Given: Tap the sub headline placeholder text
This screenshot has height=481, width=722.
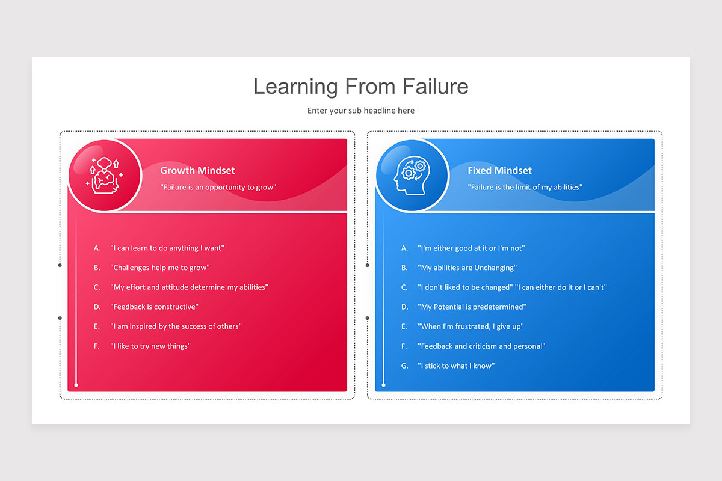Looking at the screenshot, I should pyautogui.click(x=361, y=111).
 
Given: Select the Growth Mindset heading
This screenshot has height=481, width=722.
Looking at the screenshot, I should pyautogui.click(x=197, y=171).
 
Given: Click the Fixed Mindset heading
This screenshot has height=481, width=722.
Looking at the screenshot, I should pyautogui.click(x=500, y=171).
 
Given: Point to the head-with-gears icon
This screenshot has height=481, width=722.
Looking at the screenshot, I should pyautogui.click(x=412, y=176).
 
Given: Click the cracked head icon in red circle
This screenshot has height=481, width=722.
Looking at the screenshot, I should pyautogui.click(x=105, y=176).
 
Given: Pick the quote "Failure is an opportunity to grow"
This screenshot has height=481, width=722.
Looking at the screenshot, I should pyautogui.click(x=218, y=187).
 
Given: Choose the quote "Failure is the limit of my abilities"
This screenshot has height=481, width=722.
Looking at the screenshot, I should pyautogui.click(x=525, y=187).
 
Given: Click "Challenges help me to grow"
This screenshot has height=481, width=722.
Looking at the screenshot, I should pyautogui.click(x=160, y=268).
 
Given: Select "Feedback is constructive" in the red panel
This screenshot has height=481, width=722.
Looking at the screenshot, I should pyautogui.click(x=154, y=307).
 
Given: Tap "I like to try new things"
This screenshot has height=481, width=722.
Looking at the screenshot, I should pyautogui.click(x=150, y=346).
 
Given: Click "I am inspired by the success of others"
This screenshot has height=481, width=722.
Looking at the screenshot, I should pyautogui.click(x=176, y=326).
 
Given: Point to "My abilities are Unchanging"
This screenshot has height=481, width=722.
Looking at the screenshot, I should pyautogui.click(x=467, y=268).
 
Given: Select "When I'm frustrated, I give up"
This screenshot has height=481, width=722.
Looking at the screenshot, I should pyautogui.click(x=471, y=326).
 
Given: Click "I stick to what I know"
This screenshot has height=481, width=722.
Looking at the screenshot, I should pyautogui.click(x=456, y=366).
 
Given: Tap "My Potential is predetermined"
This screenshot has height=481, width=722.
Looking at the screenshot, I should pyautogui.click(x=472, y=307).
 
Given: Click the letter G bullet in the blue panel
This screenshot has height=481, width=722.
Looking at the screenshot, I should pyautogui.click(x=404, y=366).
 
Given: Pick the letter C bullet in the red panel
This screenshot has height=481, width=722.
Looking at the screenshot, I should pyautogui.click(x=97, y=287).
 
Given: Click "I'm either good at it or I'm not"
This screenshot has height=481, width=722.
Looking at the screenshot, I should pyautogui.click(x=472, y=248).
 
